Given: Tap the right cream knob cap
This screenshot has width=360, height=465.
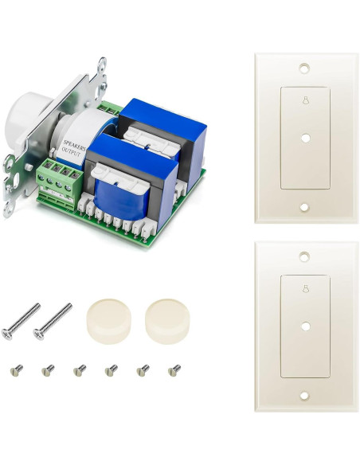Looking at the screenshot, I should tap(168, 317).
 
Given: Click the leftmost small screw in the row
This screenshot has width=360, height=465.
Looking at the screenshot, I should tap(15, 369).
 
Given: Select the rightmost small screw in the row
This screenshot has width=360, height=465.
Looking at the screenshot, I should tap(174, 369).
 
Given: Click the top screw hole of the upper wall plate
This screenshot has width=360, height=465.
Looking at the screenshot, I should tap(304, 68).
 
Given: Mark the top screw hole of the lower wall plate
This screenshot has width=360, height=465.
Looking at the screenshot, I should tap(304, 257).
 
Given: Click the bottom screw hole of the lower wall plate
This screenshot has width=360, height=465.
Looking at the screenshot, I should tap(304, 395).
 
